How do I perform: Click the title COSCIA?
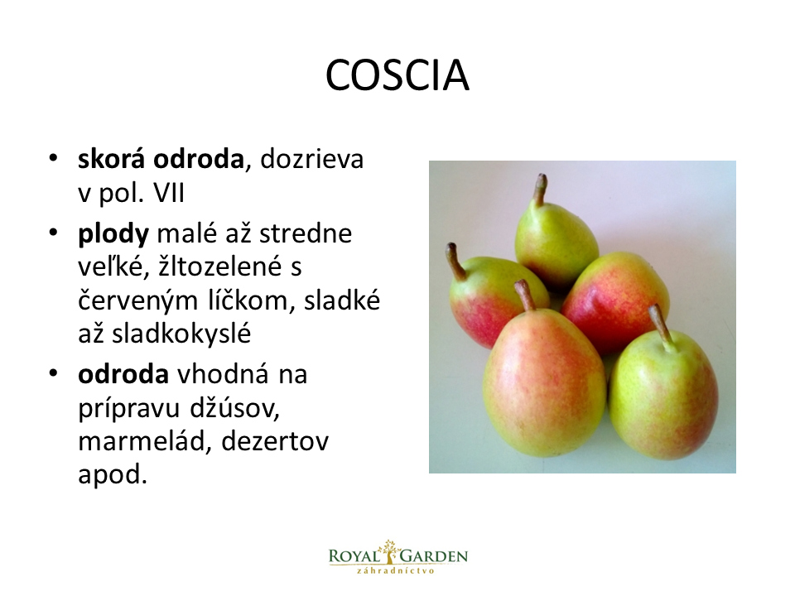tap(397, 75)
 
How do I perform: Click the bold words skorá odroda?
tap(161, 159)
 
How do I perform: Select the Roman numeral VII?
tap(169, 193)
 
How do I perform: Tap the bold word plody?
tap(113, 234)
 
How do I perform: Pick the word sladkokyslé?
tap(181, 334)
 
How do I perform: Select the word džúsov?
tap(234, 408)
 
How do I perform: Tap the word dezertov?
tap(275, 441)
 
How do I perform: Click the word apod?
tap(112, 475)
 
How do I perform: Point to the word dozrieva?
tap(312, 159)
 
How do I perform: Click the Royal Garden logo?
tap(398, 557)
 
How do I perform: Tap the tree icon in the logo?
tap(389, 551)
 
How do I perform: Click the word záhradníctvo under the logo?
tap(396, 570)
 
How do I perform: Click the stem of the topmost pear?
tap(540, 190)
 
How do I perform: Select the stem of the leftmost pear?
tap(455, 261)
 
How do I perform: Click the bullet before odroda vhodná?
tap(53, 373)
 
